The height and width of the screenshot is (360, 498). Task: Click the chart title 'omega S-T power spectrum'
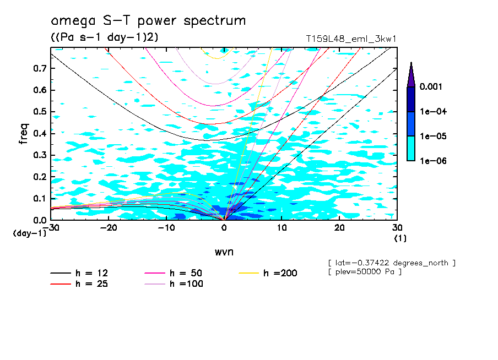click(x=148, y=21)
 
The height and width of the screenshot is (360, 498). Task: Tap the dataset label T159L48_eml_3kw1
click(x=351, y=40)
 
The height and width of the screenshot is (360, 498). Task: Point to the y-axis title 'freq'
click(x=24, y=134)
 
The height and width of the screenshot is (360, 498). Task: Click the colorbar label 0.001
click(x=432, y=87)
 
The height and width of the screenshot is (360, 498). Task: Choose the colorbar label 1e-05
click(x=432, y=136)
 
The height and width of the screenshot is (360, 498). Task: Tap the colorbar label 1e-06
click(x=432, y=161)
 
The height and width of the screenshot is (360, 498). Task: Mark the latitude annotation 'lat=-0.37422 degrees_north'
click(x=391, y=263)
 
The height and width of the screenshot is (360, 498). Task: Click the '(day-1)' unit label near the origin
click(x=30, y=233)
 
